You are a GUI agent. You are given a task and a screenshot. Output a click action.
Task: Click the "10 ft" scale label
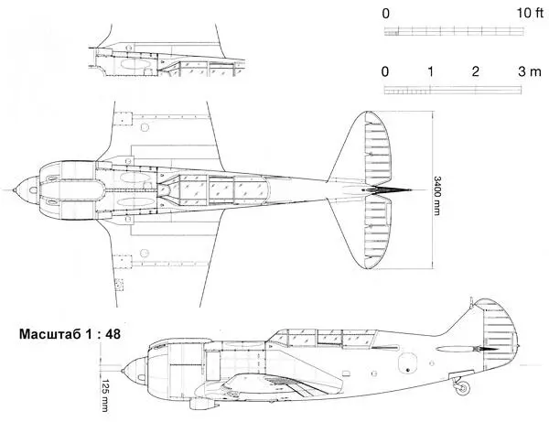point(528,13)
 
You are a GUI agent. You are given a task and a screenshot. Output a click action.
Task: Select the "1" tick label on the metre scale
point(430,71)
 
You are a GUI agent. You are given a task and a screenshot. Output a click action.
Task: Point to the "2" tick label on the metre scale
point(475,71)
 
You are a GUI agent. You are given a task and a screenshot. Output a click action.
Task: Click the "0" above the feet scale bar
point(386,13)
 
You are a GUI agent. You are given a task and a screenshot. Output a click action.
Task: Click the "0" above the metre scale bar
point(386,71)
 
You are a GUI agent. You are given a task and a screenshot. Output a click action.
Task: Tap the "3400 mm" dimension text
point(438,193)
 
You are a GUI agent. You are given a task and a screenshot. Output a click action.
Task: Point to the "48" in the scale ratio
point(113,334)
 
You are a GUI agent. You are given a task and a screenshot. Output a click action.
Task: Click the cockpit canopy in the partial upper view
point(197,66)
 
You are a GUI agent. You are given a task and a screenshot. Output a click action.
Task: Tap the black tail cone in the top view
point(389,190)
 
